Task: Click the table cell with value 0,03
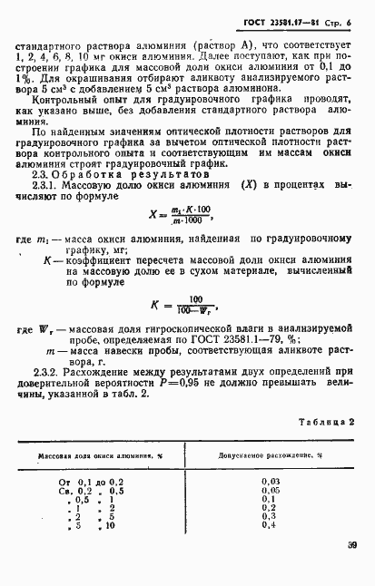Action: pos(270,480)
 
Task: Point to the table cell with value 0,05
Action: pos(270,490)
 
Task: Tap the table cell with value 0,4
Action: pos(270,524)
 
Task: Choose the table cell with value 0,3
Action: pos(270,515)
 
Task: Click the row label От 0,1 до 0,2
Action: pos(92,480)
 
